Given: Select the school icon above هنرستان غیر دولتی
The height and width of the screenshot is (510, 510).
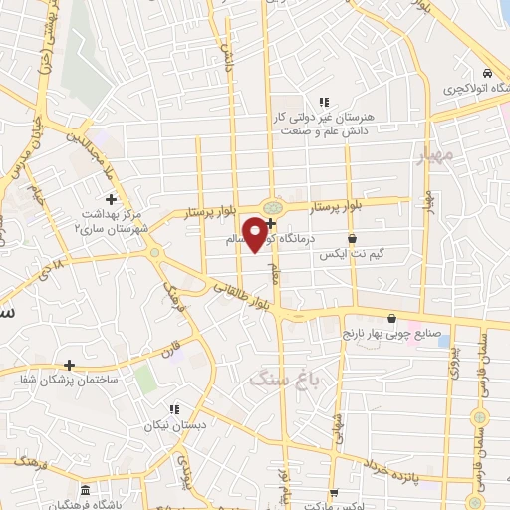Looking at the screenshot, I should pos(323,101).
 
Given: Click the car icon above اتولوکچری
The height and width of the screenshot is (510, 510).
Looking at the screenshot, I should pos(485,74).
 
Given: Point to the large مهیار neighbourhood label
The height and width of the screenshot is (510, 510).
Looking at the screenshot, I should pos(437,154).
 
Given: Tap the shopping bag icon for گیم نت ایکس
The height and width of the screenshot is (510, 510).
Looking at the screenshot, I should pos(356,239).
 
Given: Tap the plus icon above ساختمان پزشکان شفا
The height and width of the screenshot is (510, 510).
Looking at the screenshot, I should pos(68,366).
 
